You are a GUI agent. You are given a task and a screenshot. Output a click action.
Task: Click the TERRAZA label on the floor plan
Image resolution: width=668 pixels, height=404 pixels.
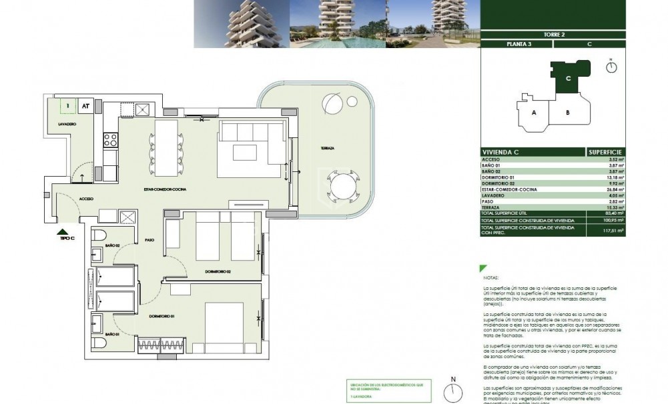click(326, 147)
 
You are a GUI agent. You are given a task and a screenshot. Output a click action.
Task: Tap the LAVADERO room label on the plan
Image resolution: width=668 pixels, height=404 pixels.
click(67, 124)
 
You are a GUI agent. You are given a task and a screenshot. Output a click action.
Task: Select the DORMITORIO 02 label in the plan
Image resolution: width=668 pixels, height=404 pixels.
click(218, 271)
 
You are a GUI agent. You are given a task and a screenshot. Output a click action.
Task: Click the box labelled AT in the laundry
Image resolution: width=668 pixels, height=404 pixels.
click(85, 105)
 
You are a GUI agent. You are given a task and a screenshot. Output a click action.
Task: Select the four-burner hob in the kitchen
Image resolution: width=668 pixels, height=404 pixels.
click(109, 140)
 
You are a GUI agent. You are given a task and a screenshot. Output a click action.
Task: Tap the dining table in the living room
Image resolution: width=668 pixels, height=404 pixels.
click(167, 144)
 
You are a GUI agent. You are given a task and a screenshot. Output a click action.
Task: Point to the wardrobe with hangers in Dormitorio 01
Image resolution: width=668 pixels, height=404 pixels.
click(155, 345)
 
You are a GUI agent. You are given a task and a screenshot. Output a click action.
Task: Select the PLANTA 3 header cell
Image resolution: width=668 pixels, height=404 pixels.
click(516, 44)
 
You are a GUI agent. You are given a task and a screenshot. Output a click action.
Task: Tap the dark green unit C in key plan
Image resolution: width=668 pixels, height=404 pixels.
click(566, 77)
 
